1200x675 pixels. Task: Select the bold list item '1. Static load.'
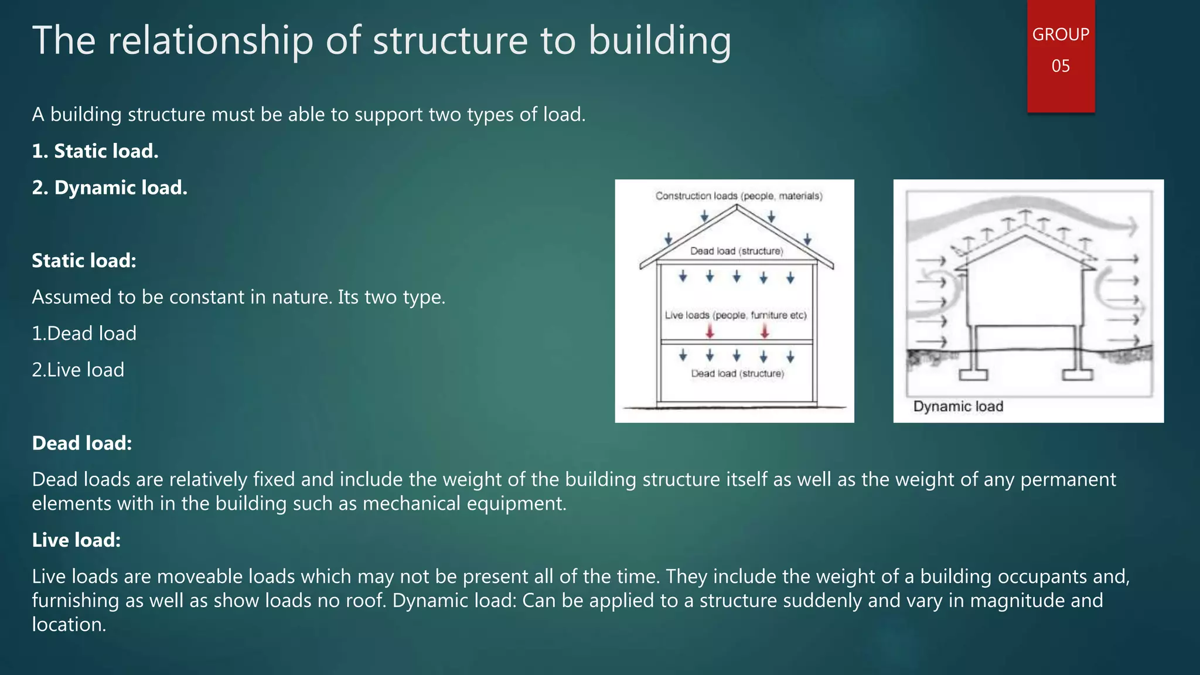click(95, 151)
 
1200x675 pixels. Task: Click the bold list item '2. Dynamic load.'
click(110, 187)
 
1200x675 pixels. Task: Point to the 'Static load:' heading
click(84, 261)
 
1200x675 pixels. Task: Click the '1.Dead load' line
click(84, 333)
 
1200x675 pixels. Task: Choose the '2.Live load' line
click(78, 370)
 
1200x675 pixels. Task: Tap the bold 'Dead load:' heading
click(82, 443)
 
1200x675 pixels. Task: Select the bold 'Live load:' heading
click(76, 540)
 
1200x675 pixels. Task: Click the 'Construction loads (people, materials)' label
click(738, 196)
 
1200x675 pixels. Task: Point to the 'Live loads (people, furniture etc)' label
click(735, 315)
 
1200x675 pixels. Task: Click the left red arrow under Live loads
click(710, 332)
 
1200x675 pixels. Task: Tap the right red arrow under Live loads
click(765, 332)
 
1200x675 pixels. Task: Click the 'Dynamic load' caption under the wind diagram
click(958, 407)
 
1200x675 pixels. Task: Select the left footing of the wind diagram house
click(973, 374)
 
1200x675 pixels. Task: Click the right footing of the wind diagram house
click(1078, 374)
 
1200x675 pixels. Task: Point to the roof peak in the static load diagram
click(737, 206)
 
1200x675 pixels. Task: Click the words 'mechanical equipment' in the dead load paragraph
click(463, 504)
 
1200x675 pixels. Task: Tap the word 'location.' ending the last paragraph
click(69, 625)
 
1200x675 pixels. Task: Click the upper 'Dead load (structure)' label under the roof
click(736, 251)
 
